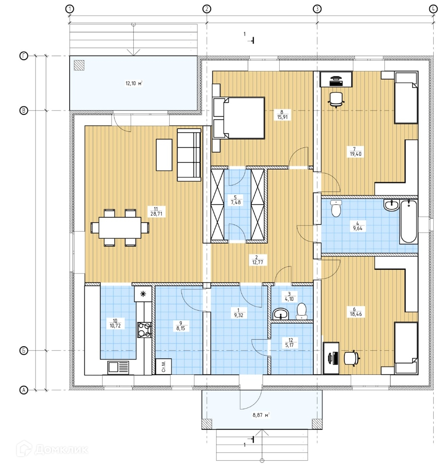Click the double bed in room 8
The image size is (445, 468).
239,118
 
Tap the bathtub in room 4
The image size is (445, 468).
408,221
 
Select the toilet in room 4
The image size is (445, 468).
336,208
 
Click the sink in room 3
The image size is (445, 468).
281,314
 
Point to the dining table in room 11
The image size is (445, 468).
120,227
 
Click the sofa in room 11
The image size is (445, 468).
189,155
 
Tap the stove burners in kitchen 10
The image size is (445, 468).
145,330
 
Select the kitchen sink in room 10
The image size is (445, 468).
118,367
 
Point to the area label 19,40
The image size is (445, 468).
355,154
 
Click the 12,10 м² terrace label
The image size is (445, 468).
134,83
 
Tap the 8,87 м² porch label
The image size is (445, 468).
261,415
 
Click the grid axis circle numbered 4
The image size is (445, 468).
433,9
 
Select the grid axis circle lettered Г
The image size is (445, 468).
23,56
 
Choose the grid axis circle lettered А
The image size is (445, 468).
23,390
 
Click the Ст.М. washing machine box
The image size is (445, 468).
164,366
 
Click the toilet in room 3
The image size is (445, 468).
302,311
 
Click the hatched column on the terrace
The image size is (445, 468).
79,65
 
